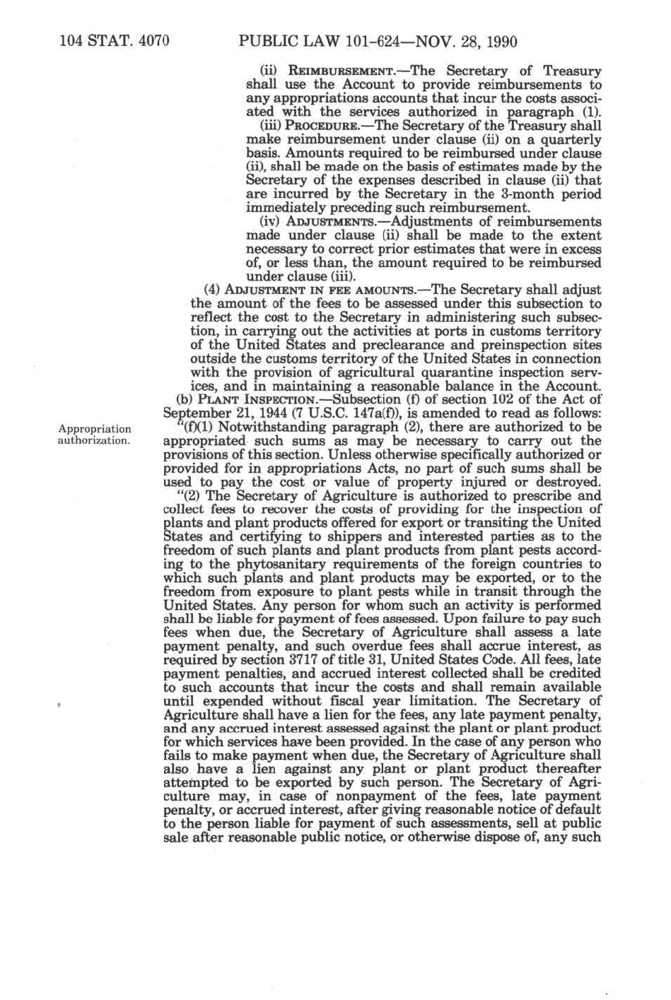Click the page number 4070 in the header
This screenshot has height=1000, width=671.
(x=153, y=41)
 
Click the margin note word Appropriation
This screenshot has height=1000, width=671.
(x=94, y=429)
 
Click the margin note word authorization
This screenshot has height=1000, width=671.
(x=94, y=441)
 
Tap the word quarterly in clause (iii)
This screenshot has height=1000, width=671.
(x=571, y=140)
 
